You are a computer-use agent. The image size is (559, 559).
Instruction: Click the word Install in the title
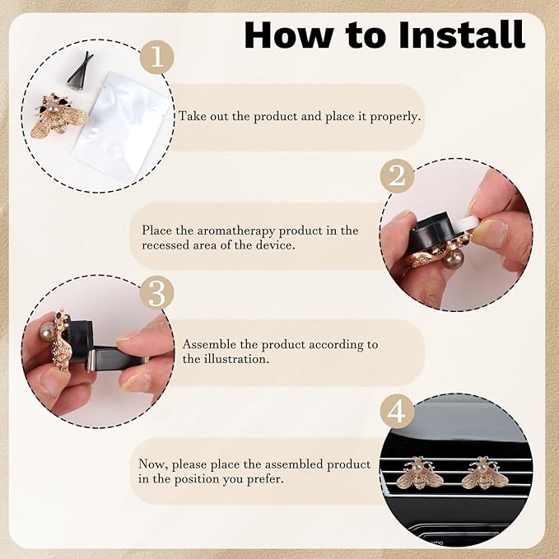(462, 35)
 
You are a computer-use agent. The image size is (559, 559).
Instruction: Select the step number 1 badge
(157, 57)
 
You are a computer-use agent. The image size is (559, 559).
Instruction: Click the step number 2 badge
(397, 175)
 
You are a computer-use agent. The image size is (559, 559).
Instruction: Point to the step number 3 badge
(157, 293)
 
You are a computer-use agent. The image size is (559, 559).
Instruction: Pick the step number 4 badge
(397, 411)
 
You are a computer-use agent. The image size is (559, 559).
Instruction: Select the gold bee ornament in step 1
(58, 115)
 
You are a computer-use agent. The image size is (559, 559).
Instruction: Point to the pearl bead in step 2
(452, 259)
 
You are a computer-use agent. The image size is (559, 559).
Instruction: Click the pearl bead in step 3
(47, 333)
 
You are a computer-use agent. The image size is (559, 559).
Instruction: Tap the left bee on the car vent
(417, 473)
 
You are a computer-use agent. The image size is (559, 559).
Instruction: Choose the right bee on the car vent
(484, 473)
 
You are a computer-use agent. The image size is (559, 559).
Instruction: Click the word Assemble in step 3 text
(209, 345)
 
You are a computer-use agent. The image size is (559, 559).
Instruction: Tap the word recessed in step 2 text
(165, 245)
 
